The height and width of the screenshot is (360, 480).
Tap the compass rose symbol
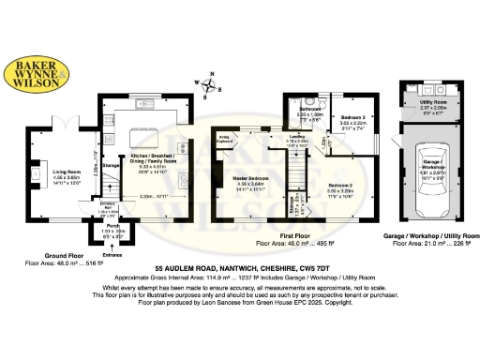(x=213, y=86)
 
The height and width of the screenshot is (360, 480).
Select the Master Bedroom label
(x=250, y=178)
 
